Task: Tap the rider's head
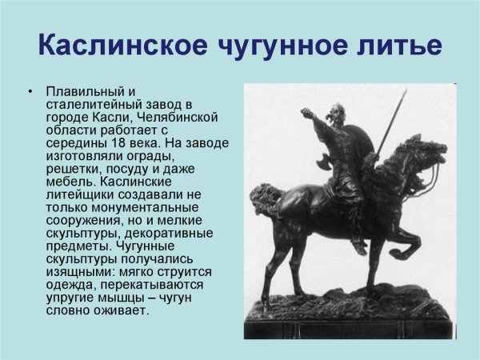point(341,112)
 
